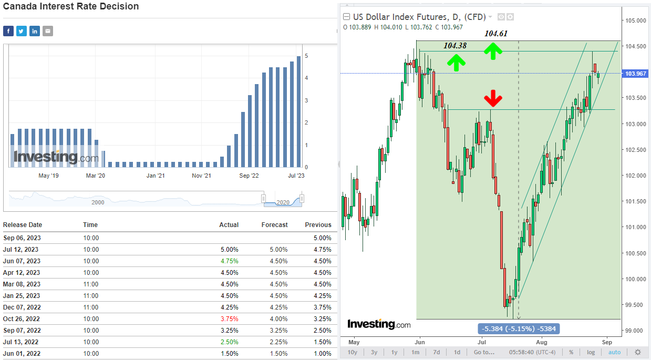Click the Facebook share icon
tap(8, 31)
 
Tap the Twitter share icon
tap(22, 31)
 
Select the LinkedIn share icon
tap(35, 31)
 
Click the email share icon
tap(48, 31)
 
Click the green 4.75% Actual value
tap(229, 261)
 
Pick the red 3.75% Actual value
tap(229, 319)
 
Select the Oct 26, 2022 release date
tap(21, 319)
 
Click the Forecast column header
tap(274, 225)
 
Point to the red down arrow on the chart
tap(493, 98)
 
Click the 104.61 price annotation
tap(496, 34)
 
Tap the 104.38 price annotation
tap(455, 46)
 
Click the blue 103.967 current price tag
tap(635, 74)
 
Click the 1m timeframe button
tap(415, 352)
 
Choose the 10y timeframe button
tap(353, 352)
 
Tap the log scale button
tap(591, 352)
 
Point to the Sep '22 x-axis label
tap(249, 176)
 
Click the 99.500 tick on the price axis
tap(635, 305)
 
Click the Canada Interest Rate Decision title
tap(71, 7)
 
